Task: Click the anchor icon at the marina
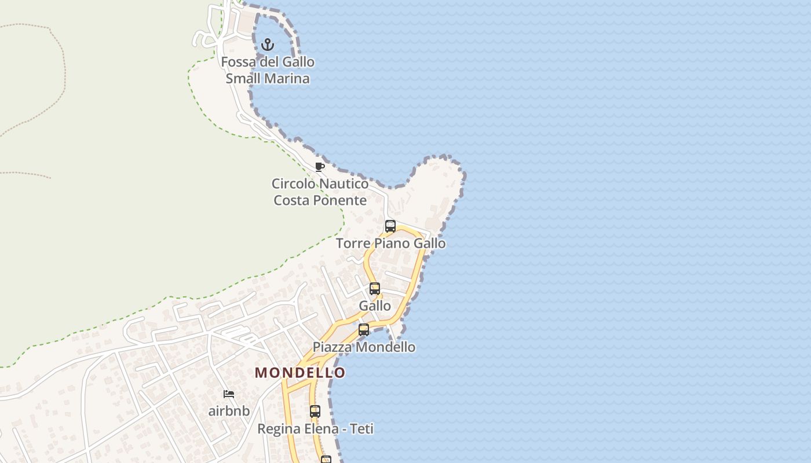pos(267,45)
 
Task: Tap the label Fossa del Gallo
pos(268,62)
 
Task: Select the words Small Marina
pos(268,79)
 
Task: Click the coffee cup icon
pos(319,167)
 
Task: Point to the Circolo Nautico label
pos(320,184)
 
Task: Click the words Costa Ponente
pos(320,201)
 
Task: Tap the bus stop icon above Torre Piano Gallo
pos(390,226)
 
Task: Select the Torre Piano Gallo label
pos(391,244)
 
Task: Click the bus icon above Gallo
pos(375,289)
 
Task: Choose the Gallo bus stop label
pos(375,306)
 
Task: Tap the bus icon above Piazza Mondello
pos(364,330)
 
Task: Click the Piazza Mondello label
pos(364,347)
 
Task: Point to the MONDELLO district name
pos(300,373)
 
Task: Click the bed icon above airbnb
pos(229,394)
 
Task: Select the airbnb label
pos(229,411)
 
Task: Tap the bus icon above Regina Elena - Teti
pos(315,411)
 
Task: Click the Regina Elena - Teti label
pos(315,429)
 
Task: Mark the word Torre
pos(353,244)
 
